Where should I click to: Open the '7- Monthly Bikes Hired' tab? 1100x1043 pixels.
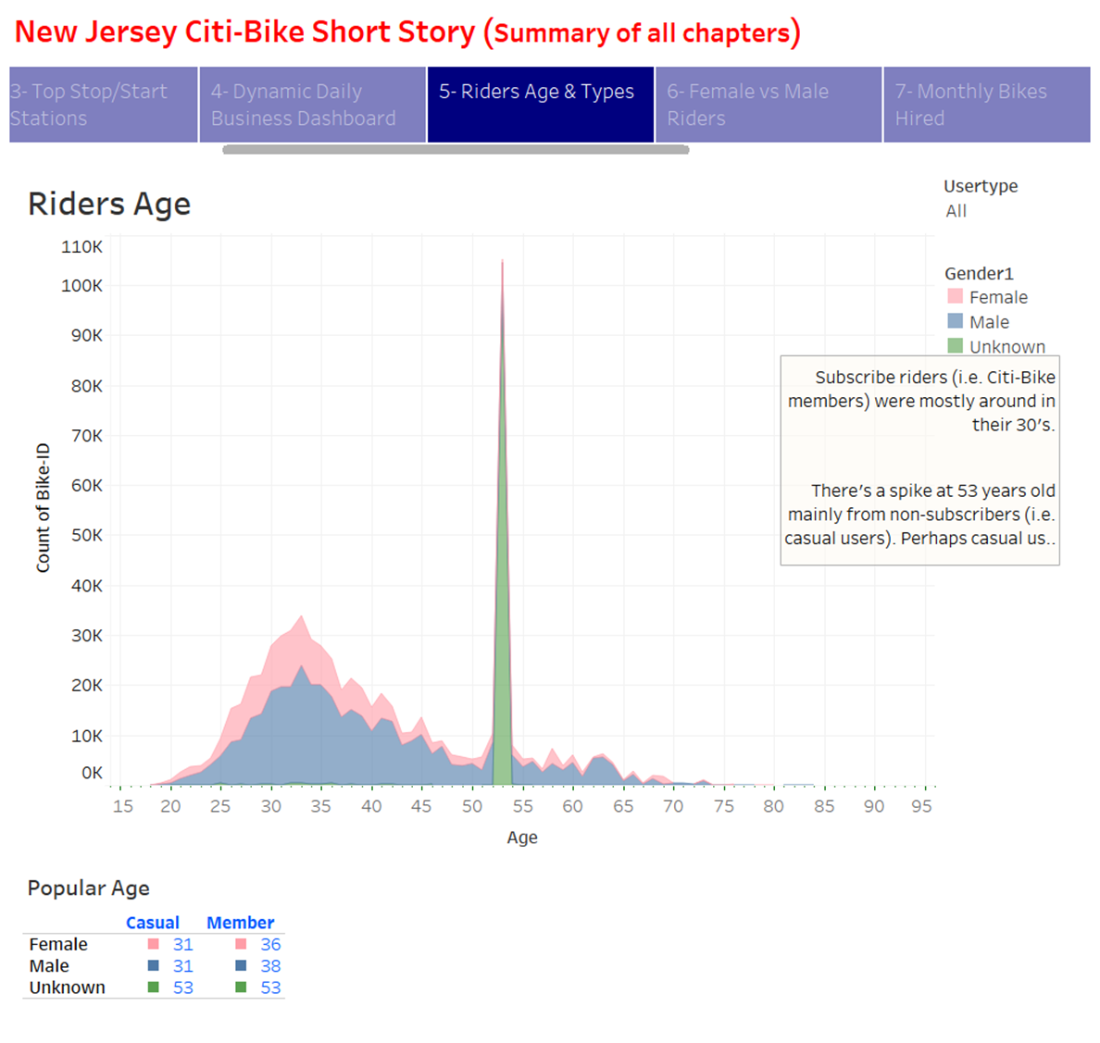point(986,105)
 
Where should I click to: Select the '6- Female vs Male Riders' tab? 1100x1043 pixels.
point(769,105)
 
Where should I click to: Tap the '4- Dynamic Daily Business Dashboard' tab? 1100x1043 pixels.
point(313,105)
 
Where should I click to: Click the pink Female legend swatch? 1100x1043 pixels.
point(956,296)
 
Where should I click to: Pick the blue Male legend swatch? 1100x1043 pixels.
point(956,321)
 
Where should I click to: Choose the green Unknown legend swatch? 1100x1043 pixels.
point(956,346)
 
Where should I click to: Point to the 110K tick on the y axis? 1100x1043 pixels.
point(82,247)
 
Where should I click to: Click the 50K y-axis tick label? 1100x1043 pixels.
point(87,536)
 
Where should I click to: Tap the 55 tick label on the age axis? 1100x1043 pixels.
point(523,806)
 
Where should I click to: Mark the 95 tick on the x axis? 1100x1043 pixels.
point(921,806)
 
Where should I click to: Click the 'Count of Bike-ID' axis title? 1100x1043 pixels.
point(44,508)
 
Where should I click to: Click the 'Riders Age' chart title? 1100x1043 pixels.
point(109,204)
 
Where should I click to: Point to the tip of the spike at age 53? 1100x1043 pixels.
point(502,261)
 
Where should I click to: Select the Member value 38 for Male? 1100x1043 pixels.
point(270,966)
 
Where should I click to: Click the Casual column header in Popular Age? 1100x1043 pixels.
point(153,923)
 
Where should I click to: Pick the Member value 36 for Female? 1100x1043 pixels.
point(270,945)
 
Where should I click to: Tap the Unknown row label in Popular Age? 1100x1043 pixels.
point(68,987)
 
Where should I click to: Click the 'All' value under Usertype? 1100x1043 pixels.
point(956,211)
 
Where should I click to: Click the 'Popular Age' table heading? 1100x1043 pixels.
point(89,888)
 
